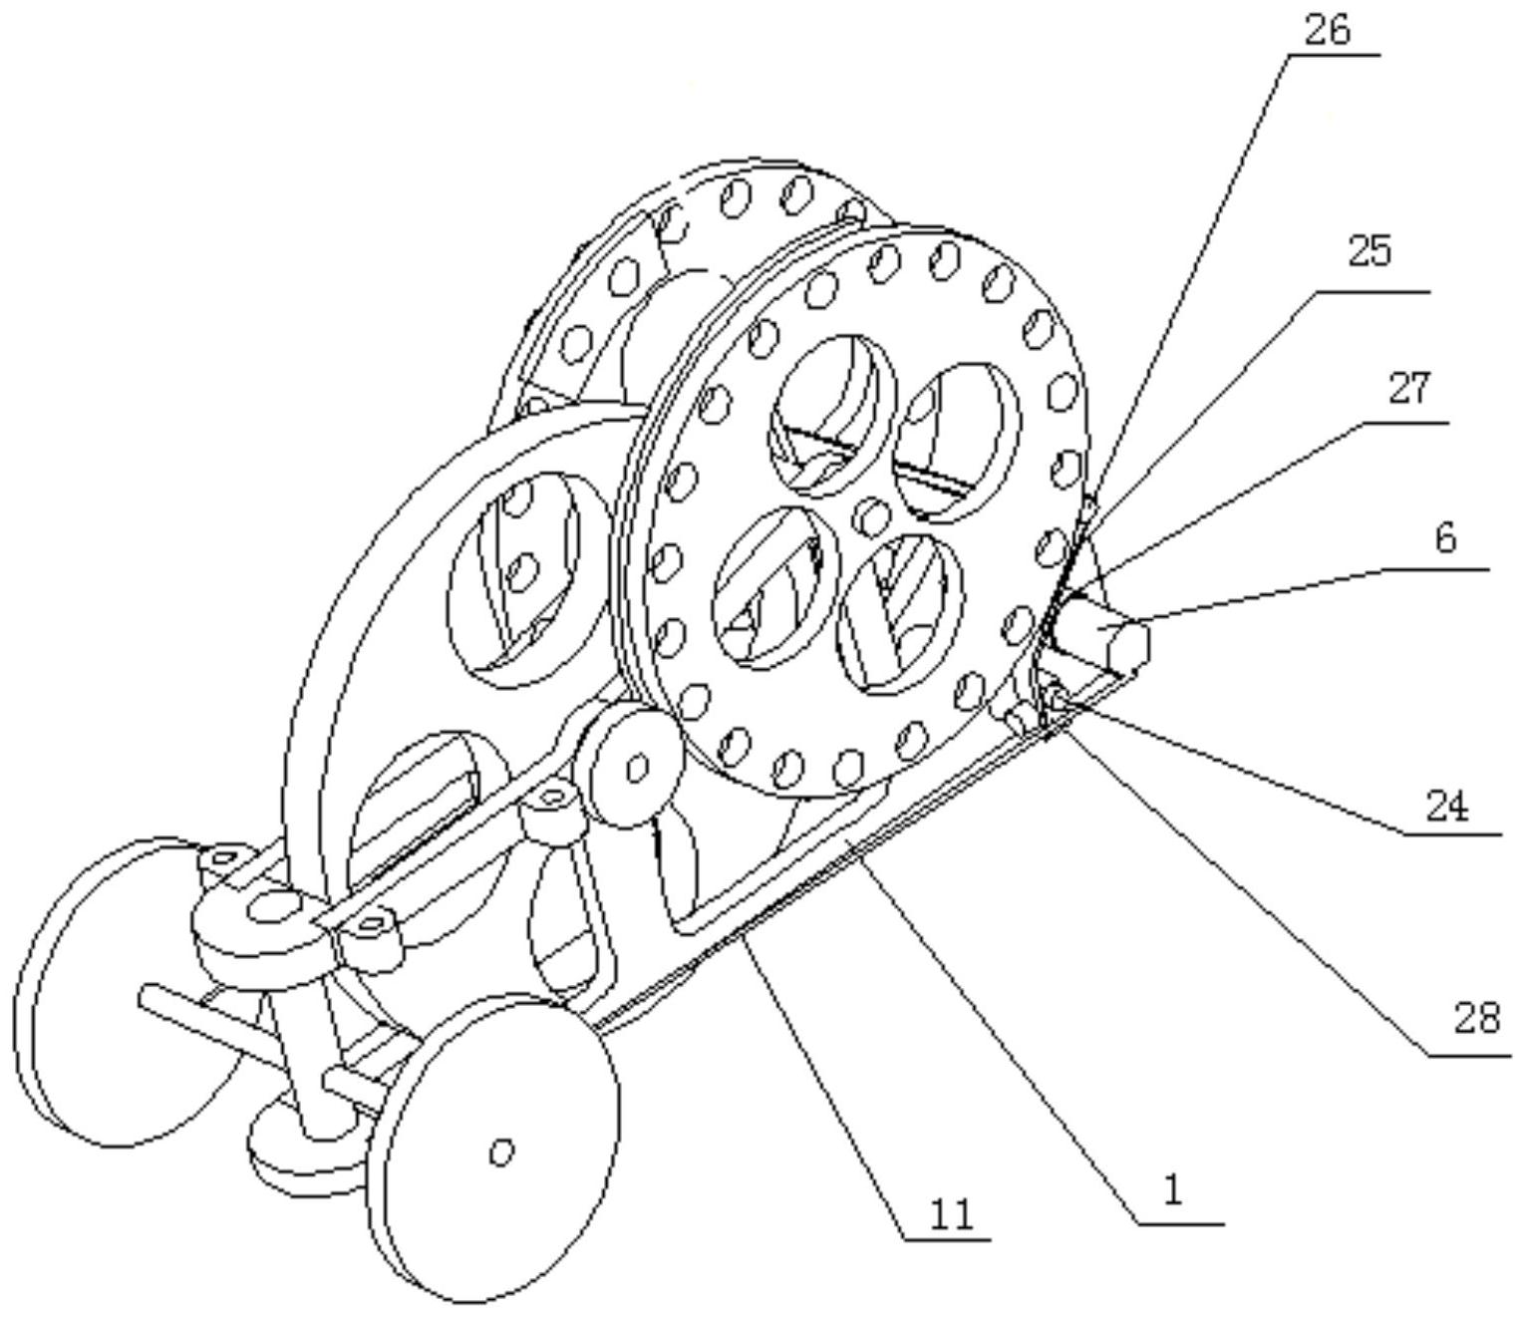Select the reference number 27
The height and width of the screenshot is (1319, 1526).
[1409, 389]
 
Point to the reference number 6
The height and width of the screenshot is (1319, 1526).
[1445, 539]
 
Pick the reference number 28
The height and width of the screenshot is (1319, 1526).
[1476, 1018]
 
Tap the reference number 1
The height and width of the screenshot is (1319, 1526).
[1173, 1189]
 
